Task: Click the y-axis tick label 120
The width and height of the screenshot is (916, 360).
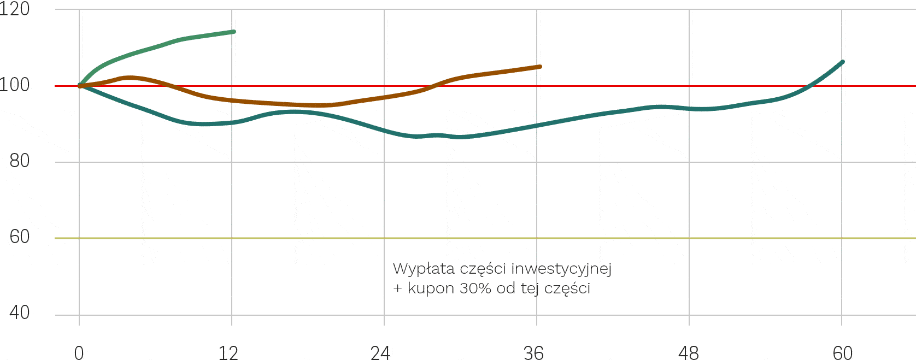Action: coord(15,9)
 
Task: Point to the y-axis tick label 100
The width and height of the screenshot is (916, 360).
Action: coord(15,85)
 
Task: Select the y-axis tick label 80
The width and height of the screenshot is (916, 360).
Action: coord(20,161)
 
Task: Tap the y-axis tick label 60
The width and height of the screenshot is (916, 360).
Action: coord(20,237)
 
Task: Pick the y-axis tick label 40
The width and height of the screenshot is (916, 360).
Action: coord(20,313)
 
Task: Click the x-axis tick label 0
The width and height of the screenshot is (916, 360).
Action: coord(79,353)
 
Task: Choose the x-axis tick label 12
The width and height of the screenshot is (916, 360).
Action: coord(228,353)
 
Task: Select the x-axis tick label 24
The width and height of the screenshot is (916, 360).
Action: coord(380,353)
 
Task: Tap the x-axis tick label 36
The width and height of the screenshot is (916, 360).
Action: coord(533,353)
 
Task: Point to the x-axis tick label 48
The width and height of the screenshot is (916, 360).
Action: coord(688,353)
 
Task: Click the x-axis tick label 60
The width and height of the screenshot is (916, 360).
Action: coord(842,353)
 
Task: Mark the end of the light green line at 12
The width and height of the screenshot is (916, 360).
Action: coord(233,32)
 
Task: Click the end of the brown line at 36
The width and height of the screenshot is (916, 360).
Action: coord(539,67)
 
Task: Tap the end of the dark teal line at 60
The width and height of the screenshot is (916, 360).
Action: coord(842,62)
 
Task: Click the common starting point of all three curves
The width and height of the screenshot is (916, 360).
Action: coord(80,86)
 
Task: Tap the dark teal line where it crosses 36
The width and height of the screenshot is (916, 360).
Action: coord(537,126)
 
